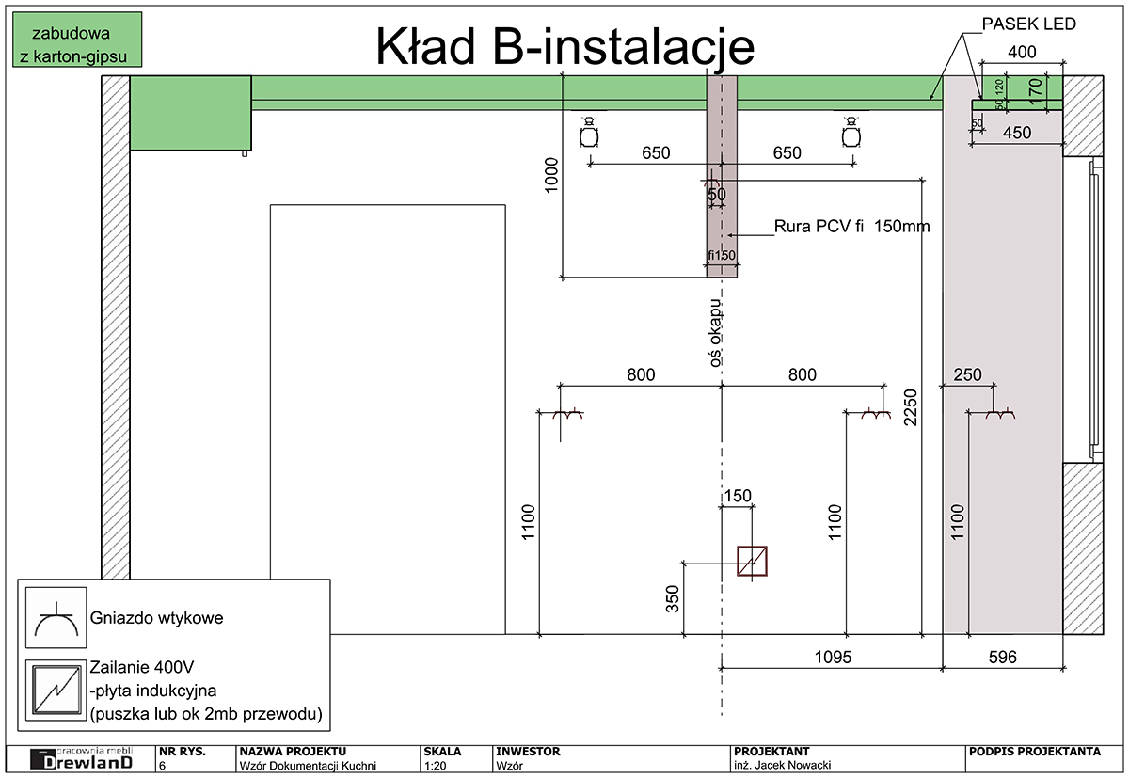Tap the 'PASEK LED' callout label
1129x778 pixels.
click(1027, 24)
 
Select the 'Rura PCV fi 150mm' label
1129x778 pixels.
click(851, 227)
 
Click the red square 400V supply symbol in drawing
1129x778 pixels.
click(752, 561)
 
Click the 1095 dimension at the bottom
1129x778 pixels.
click(831, 658)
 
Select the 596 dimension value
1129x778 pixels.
click(1003, 658)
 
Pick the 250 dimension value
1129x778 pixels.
click(967, 374)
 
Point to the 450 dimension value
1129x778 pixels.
click(1016, 133)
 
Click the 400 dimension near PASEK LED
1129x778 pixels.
click(1022, 51)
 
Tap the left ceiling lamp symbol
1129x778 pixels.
click(590, 135)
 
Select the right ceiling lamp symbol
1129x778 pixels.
click(851, 135)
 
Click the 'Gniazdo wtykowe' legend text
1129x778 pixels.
click(157, 618)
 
